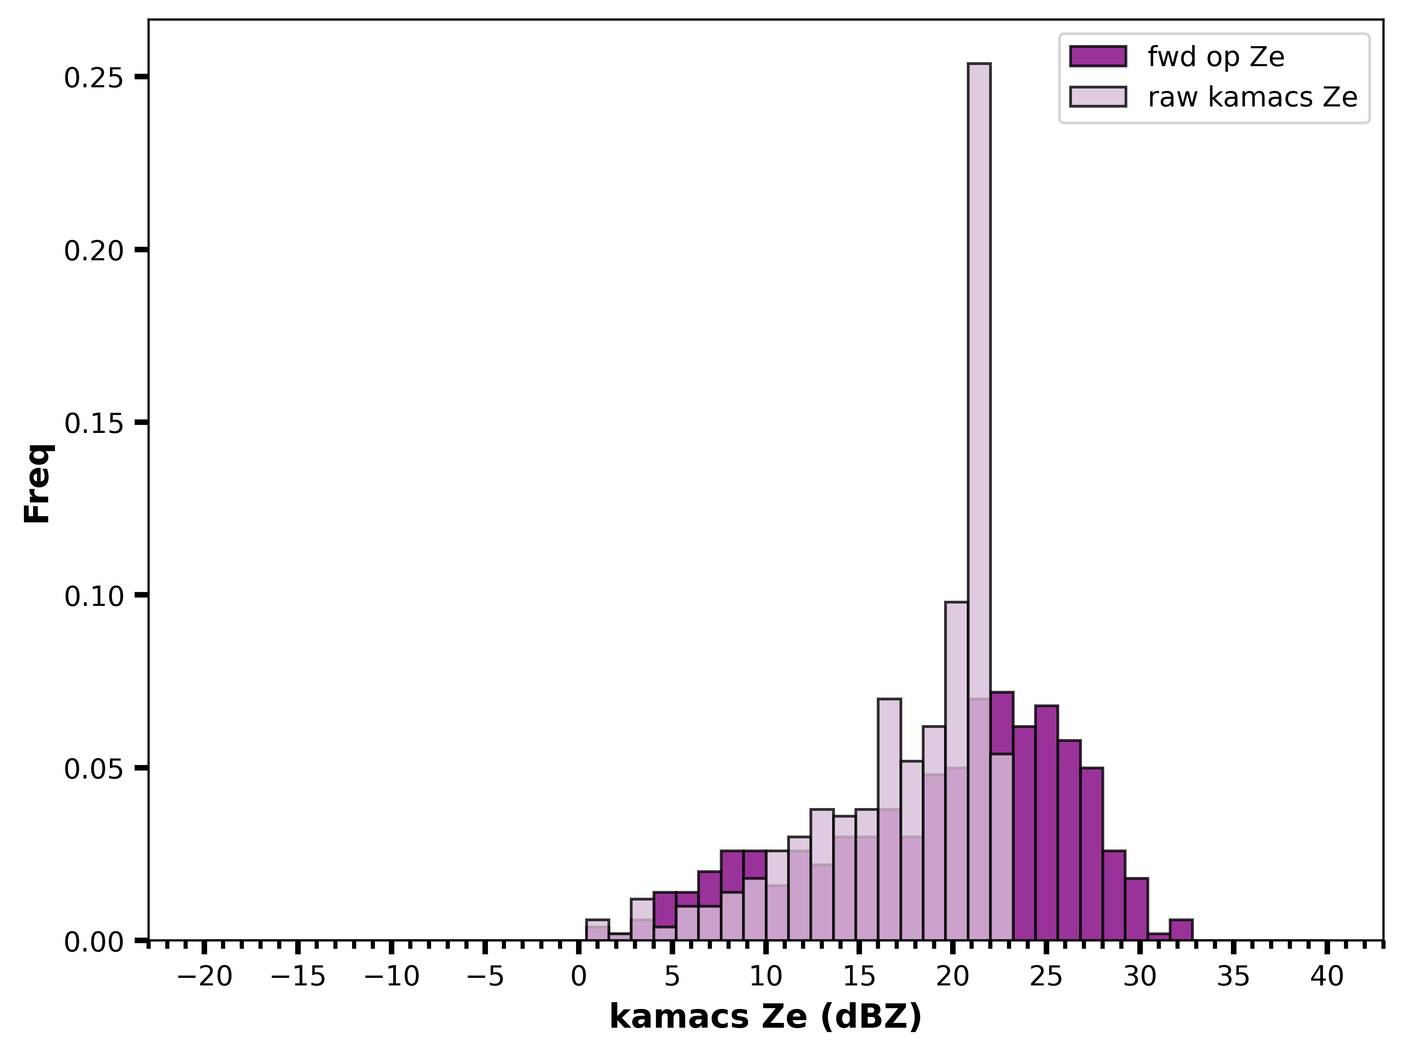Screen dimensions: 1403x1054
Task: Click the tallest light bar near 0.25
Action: [979, 501]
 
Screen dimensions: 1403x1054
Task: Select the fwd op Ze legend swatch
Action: [1098, 57]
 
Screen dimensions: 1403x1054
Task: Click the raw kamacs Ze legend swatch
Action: [1098, 96]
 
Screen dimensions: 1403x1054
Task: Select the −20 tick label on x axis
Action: [204, 977]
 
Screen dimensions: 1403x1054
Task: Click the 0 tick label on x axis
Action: [578, 977]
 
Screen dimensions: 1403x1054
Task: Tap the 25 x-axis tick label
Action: [1046, 977]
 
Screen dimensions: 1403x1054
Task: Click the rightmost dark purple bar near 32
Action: [1181, 930]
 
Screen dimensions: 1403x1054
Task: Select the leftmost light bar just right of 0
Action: [598, 930]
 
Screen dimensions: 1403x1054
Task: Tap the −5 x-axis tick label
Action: [485, 977]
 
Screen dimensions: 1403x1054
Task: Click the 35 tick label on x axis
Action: [1234, 977]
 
